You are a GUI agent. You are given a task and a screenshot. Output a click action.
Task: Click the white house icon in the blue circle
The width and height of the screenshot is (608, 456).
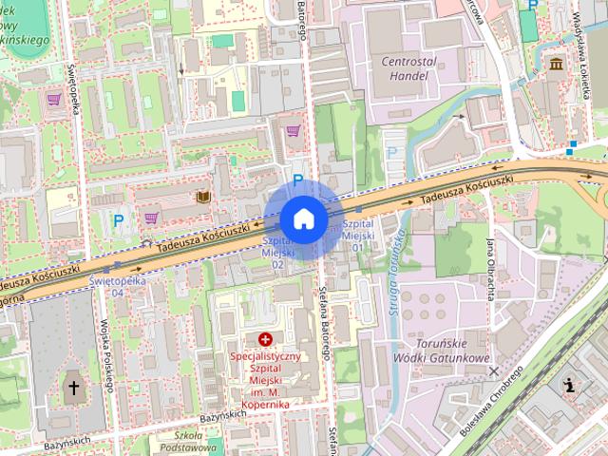pos(303,219)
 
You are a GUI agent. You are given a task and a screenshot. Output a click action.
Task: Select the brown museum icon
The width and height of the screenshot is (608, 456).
pos(556,64)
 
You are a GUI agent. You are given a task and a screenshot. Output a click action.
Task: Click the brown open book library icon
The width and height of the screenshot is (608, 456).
pos(202,197)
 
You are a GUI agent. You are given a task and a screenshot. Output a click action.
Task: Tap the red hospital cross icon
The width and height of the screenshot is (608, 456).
pos(264,339)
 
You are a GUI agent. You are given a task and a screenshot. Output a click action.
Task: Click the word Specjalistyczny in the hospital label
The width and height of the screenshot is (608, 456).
pos(265,356)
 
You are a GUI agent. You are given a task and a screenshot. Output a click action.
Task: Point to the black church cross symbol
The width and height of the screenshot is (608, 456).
pos(74,388)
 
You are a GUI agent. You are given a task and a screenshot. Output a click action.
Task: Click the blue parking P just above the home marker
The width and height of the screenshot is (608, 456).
pos(297,180)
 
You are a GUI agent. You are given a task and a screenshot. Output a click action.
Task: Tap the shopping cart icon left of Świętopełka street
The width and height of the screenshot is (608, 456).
pos(53,98)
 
